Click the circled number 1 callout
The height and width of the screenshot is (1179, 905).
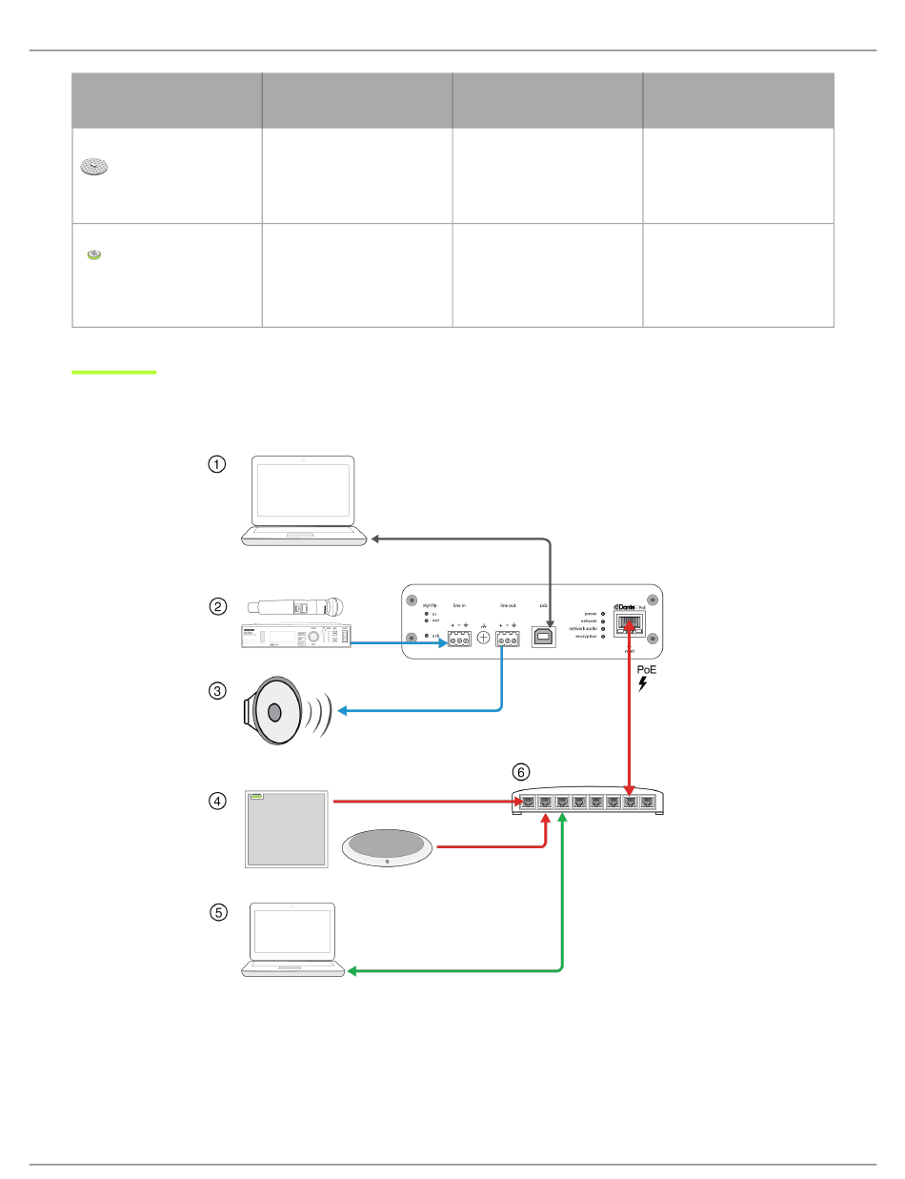[218, 464]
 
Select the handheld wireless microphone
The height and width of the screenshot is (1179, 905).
[295, 606]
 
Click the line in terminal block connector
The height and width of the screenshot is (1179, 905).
[458, 640]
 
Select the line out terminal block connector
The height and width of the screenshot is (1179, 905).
[508, 640]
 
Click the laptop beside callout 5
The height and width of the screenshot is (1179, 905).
[292, 939]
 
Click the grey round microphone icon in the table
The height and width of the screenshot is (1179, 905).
[94, 167]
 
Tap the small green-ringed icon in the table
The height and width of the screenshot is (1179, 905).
[93, 254]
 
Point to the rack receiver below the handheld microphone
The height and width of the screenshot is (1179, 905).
[295, 638]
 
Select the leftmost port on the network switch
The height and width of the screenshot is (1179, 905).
[526, 802]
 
